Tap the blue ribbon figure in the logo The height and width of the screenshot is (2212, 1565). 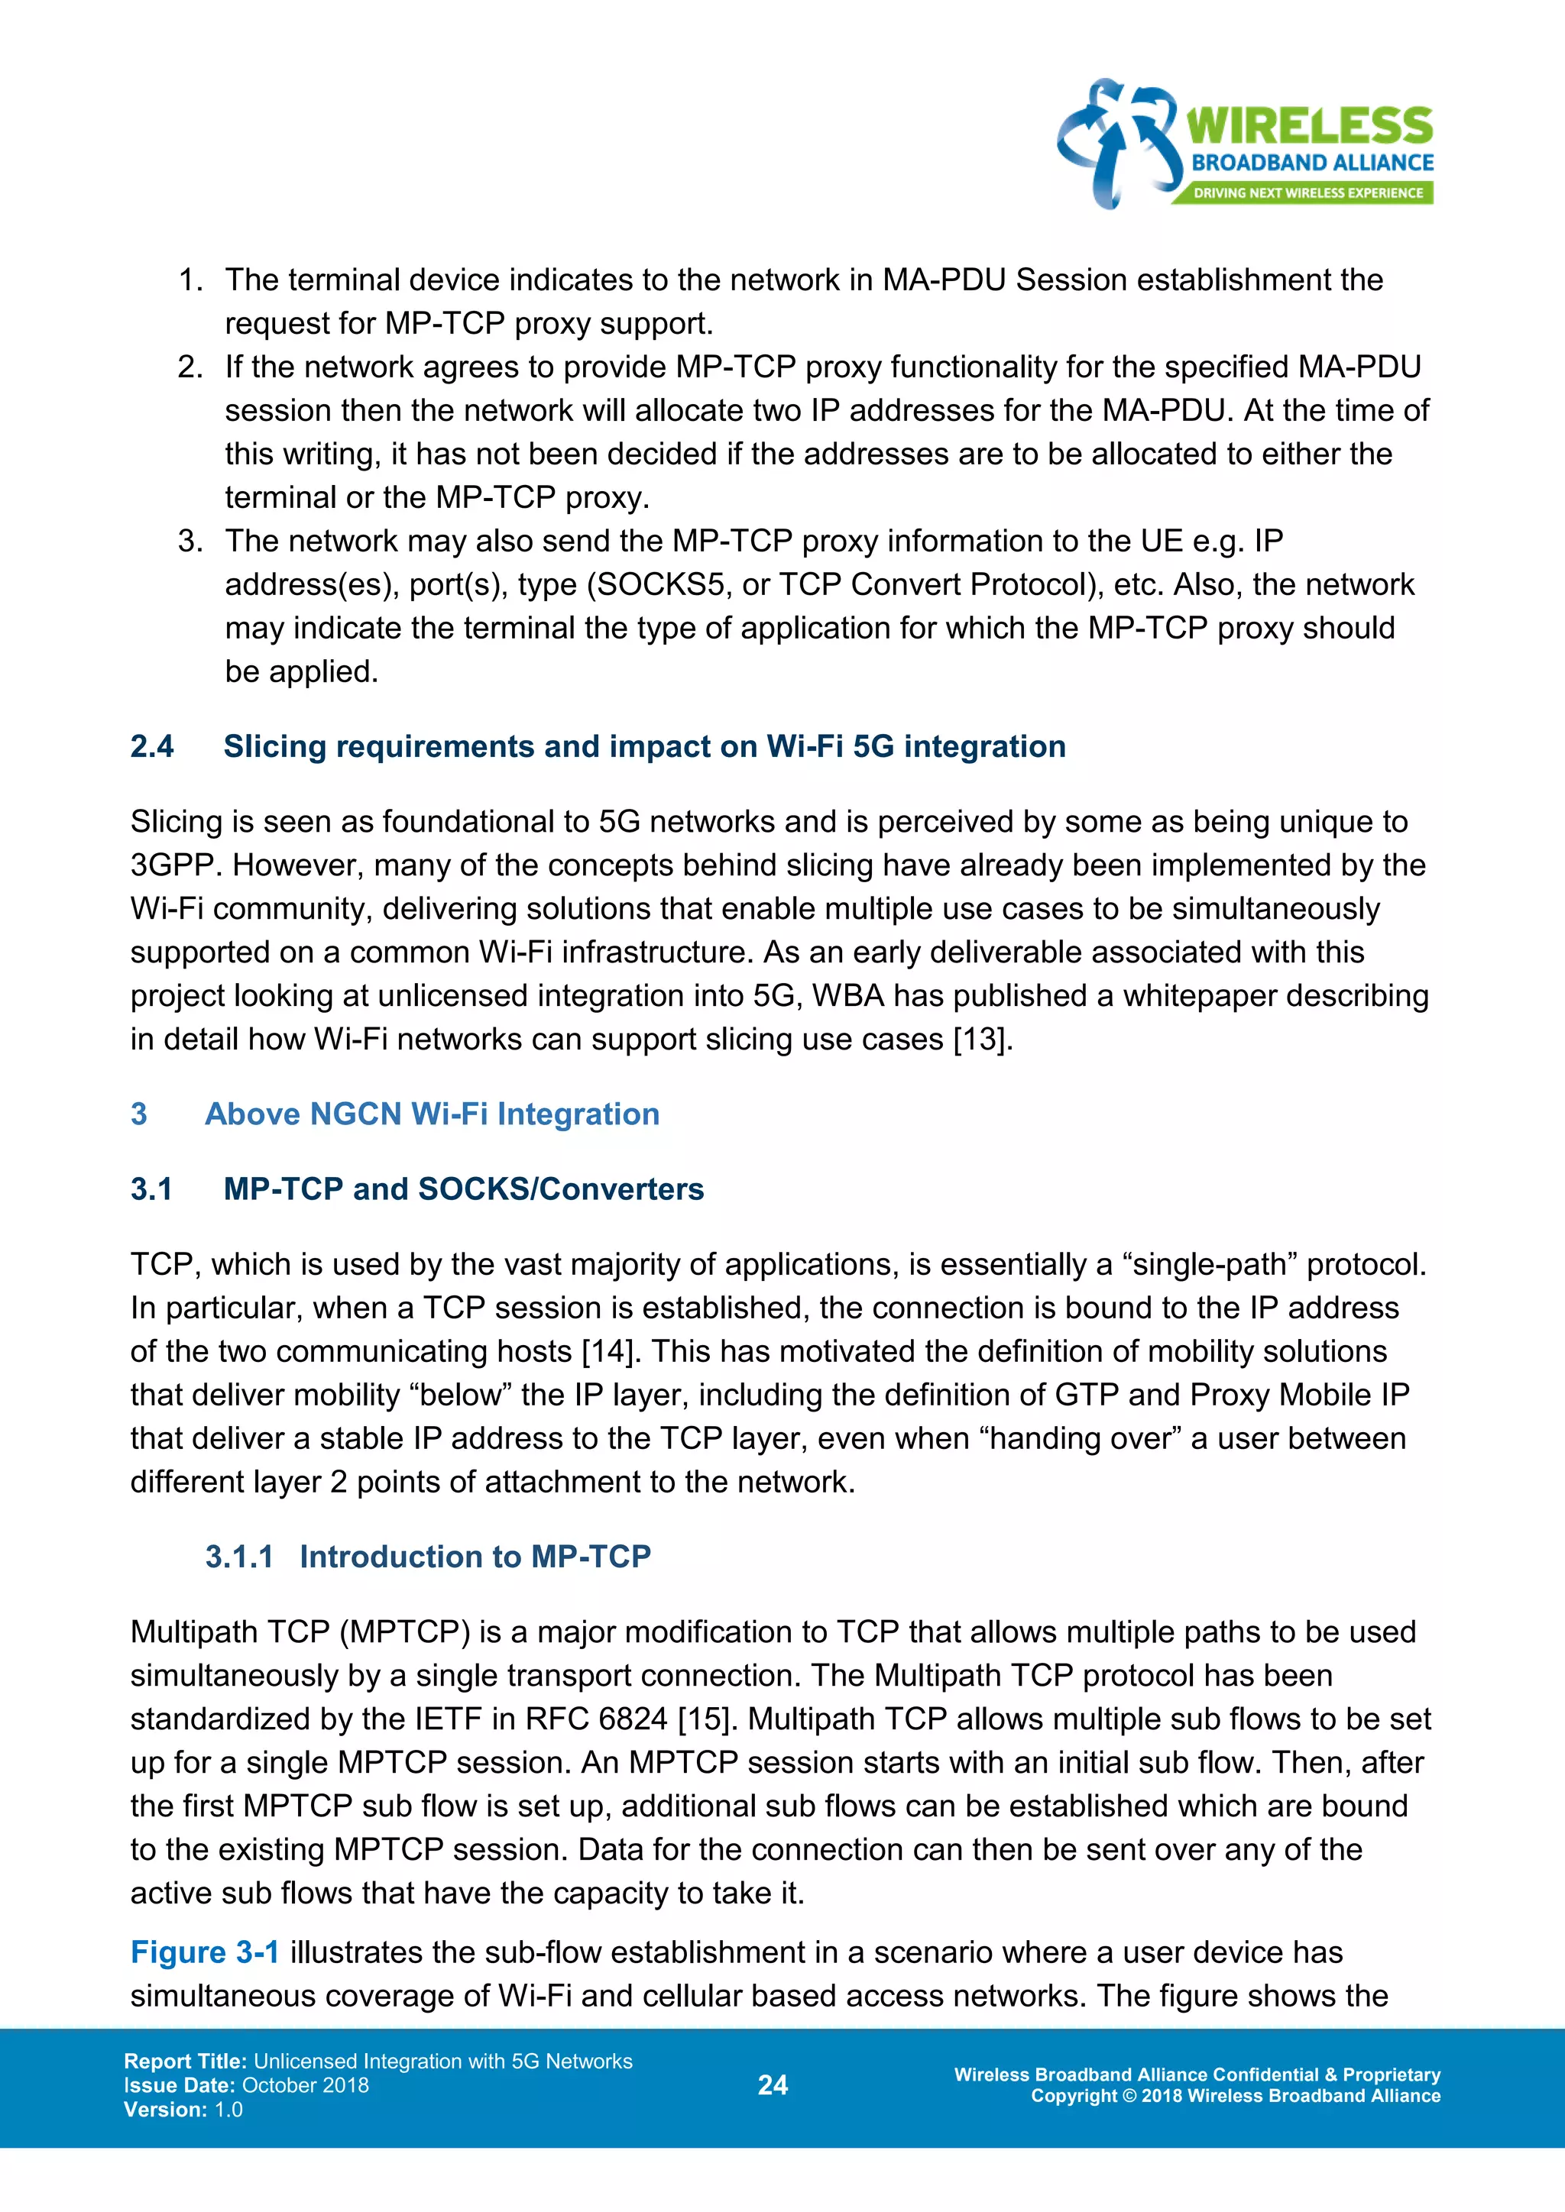(1119, 143)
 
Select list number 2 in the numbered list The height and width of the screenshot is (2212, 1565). (190, 367)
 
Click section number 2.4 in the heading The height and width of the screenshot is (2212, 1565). (152, 747)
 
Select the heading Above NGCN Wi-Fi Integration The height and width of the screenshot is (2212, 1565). (432, 1114)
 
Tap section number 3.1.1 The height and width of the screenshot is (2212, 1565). (239, 1557)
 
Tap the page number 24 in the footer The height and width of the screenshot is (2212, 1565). (773, 2085)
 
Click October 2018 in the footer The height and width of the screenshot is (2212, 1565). (306, 2085)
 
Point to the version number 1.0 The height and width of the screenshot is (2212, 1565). (228, 2109)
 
